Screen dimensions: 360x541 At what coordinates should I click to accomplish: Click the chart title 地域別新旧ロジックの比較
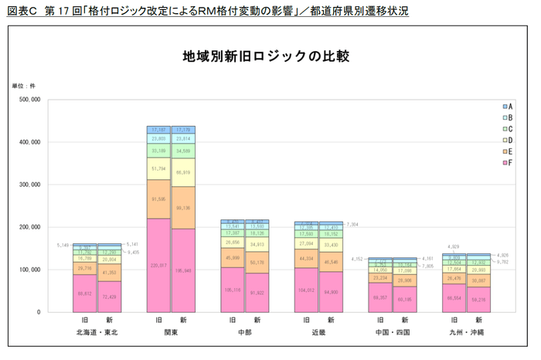pos(266,56)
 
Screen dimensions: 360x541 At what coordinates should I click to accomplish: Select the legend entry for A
pos(508,106)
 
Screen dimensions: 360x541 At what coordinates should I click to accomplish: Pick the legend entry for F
pos(508,163)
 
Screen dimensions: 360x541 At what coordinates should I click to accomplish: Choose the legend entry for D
pos(508,140)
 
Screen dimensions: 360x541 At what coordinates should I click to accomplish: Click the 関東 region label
pos(171,332)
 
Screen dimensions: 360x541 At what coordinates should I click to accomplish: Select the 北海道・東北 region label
pos(97,332)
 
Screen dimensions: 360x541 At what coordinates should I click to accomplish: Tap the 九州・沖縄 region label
pos(467,332)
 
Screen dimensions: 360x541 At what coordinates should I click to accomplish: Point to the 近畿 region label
pos(319,332)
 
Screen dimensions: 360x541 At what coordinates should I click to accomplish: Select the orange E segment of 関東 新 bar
pos(183,208)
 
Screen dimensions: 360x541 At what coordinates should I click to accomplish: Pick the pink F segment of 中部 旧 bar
pos(232,290)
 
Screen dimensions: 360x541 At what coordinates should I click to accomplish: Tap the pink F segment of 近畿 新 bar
pos(332,292)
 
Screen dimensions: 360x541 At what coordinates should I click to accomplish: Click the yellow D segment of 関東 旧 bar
pos(158,168)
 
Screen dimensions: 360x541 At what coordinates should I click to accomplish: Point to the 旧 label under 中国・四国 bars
pos(380,320)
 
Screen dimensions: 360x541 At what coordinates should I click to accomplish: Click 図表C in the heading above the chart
pos(22,12)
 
